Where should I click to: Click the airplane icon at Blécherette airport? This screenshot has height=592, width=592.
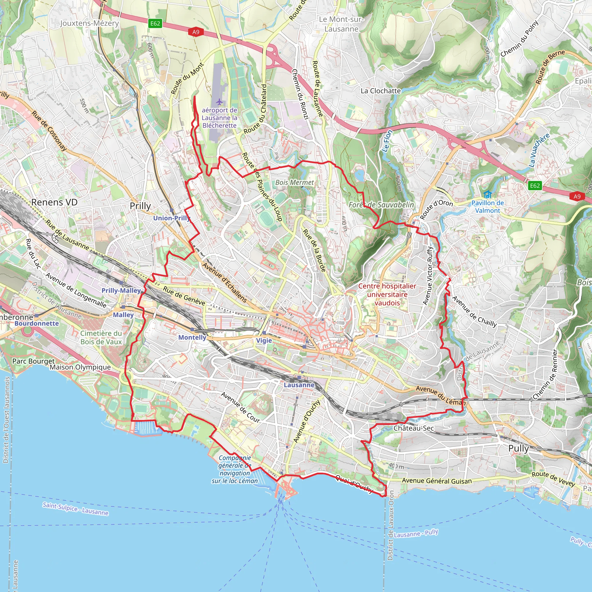click(x=219, y=102)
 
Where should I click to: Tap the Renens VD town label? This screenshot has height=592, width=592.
click(x=54, y=202)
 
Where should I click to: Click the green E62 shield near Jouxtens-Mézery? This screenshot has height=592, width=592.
click(x=155, y=24)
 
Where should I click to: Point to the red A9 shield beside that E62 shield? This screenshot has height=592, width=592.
click(x=196, y=32)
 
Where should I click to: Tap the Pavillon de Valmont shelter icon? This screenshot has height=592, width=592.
click(x=488, y=194)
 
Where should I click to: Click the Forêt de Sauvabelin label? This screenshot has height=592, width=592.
click(x=381, y=205)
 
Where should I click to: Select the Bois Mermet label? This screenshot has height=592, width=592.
click(x=295, y=182)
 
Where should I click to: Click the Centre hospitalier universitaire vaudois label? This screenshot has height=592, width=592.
click(x=387, y=294)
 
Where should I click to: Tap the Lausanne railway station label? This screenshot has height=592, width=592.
click(x=299, y=385)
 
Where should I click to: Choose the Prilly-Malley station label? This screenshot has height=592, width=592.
click(x=121, y=291)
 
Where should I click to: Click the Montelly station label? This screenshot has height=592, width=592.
click(x=192, y=337)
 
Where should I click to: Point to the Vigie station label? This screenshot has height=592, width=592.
click(x=264, y=341)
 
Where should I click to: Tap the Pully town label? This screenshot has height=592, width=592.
click(x=519, y=448)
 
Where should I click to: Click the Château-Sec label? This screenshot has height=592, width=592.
click(x=414, y=428)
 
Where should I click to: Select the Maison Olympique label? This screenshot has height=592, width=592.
click(x=80, y=367)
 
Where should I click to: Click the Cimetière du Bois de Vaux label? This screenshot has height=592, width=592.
click(x=101, y=337)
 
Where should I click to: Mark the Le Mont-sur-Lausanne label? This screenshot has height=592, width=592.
click(x=341, y=24)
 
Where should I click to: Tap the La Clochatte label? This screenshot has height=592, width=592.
click(x=381, y=91)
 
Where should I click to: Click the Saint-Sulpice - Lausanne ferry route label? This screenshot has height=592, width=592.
click(x=75, y=509)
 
